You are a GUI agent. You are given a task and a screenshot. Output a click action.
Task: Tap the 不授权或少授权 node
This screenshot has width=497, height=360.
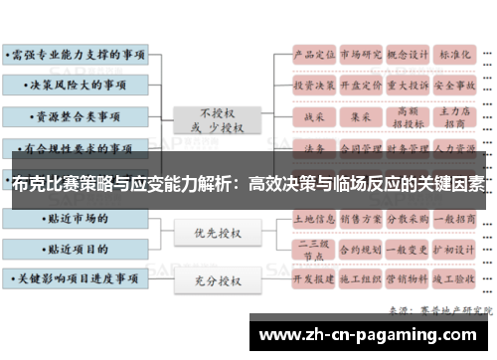[x=217, y=118]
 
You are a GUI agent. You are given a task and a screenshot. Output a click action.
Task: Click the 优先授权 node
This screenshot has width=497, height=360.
[x=217, y=234]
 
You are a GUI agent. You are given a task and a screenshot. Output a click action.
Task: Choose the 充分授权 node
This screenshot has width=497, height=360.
[x=217, y=280]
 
